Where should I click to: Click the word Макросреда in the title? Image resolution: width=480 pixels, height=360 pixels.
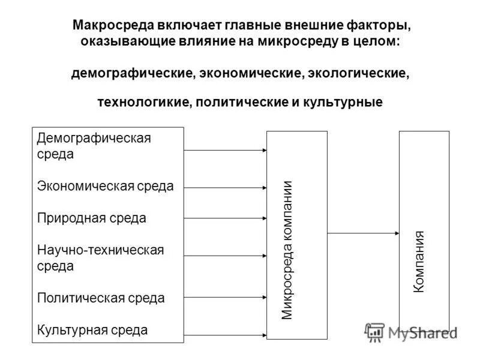(113, 26)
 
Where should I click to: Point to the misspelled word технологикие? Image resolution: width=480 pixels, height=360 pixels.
(143, 102)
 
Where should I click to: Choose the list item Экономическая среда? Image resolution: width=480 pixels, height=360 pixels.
(105, 186)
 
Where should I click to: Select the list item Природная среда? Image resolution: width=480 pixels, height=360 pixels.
(91, 218)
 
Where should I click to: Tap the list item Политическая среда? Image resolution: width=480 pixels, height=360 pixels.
(101, 298)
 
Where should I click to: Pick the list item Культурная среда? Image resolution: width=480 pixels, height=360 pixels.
(92, 329)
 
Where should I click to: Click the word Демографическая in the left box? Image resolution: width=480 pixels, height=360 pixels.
(94, 139)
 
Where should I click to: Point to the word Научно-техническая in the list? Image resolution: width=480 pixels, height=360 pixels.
(100, 250)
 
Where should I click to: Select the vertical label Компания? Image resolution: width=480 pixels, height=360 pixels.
(419, 262)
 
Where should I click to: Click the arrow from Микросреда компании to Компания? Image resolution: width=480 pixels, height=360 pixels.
(364, 232)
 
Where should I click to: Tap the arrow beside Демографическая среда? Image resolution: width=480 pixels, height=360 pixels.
(226, 150)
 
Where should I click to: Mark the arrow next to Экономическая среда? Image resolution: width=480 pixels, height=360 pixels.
(226, 188)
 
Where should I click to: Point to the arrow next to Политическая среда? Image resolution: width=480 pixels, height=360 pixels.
(226, 296)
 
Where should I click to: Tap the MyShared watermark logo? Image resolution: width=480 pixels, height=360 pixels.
(411, 332)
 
